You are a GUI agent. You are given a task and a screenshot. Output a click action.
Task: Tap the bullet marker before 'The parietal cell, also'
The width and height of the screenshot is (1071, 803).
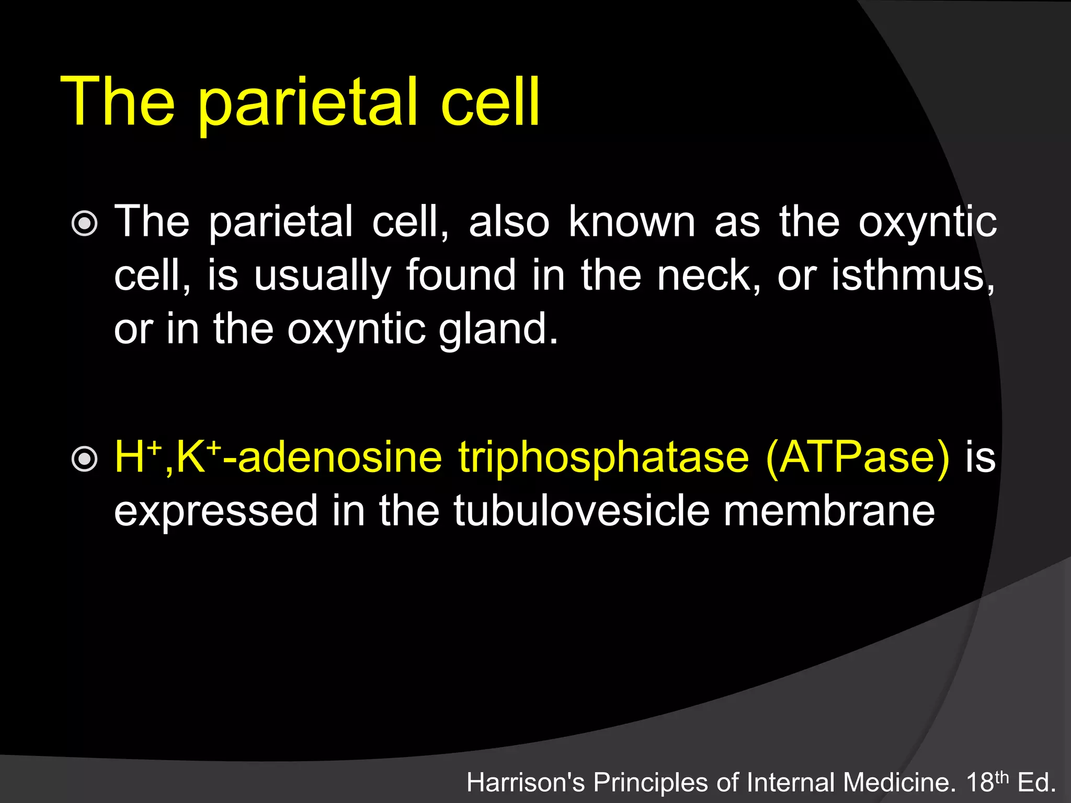(84, 224)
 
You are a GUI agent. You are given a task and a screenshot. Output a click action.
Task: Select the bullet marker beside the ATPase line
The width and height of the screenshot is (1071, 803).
(84, 460)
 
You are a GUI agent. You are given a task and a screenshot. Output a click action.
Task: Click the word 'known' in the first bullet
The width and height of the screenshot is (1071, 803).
(632, 222)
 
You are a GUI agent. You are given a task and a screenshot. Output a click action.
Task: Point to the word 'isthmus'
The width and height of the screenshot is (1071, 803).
(912, 275)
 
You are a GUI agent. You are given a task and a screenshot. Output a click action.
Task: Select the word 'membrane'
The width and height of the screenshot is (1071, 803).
(829, 511)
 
